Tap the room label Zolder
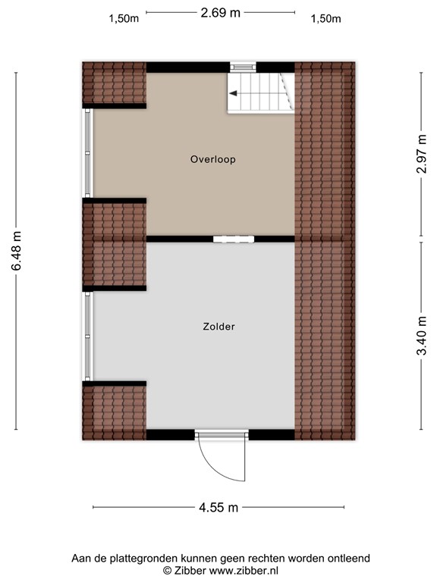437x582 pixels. [218, 327]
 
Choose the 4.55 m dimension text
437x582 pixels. [218, 507]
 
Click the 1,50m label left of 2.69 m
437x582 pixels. [124, 20]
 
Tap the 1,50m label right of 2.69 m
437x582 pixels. [326, 20]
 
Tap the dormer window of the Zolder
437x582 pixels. [88, 336]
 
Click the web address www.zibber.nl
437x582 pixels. [234, 570]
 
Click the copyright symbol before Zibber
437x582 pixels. [168, 570]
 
